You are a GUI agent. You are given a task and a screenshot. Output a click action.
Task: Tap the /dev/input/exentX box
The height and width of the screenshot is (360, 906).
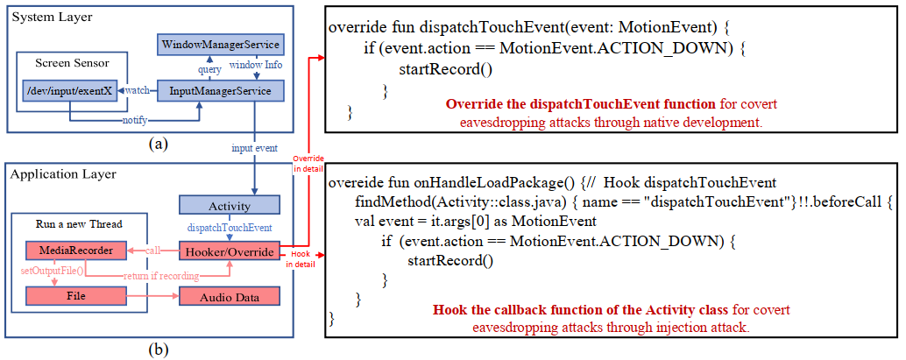click(68, 89)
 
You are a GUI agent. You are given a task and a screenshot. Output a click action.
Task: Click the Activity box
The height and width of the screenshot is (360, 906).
click(230, 206)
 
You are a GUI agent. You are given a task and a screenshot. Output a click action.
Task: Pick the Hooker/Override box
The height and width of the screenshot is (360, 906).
click(230, 251)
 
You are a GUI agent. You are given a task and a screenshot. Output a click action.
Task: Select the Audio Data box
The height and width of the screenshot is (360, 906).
click(230, 297)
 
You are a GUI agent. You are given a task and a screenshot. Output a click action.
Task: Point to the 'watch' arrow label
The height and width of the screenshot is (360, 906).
click(138, 89)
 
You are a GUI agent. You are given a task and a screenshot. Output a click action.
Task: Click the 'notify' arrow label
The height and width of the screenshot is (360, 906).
click(134, 119)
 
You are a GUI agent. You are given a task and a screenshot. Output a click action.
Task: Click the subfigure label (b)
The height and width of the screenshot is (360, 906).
click(159, 349)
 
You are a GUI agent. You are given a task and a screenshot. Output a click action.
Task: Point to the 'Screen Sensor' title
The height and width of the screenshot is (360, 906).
click(70, 62)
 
